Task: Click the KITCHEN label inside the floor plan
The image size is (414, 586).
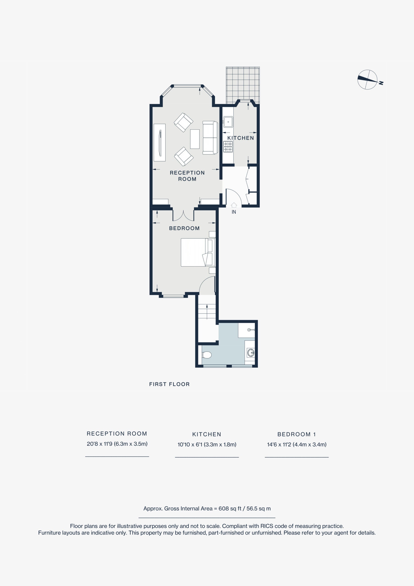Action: pyautogui.click(x=240, y=138)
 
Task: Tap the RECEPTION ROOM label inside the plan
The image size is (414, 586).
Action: pyautogui.click(x=187, y=176)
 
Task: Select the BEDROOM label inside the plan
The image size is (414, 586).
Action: pyautogui.click(x=184, y=228)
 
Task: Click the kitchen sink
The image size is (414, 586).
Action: pyautogui.click(x=228, y=122)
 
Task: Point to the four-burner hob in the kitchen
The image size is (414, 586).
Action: pyautogui.click(x=228, y=147)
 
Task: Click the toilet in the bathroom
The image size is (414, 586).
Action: pyautogui.click(x=207, y=355)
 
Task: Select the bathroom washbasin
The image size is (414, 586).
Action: pyautogui.click(x=251, y=353)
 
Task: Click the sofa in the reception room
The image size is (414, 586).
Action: pyautogui.click(x=210, y=138)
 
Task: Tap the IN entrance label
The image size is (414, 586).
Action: pyautogui.click(x=234, y=212)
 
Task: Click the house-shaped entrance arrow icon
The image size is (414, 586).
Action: pyautogui.click(x=234, y=205)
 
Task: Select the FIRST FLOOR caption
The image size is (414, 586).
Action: pyautogui.click(x=169, y=384)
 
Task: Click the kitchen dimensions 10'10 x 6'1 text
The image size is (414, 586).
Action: pyautogui.click(x=207, y=444)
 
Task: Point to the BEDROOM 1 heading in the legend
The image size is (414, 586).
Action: pyautogui.click(x=296, y=434)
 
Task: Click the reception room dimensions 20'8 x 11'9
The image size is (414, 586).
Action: pyautogui.click(x=117, y=444)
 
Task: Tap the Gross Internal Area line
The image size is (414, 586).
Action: pyautogui.click(x=207, y=508)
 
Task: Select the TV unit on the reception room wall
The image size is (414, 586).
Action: pyautogui.click(x=160, y=142)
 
